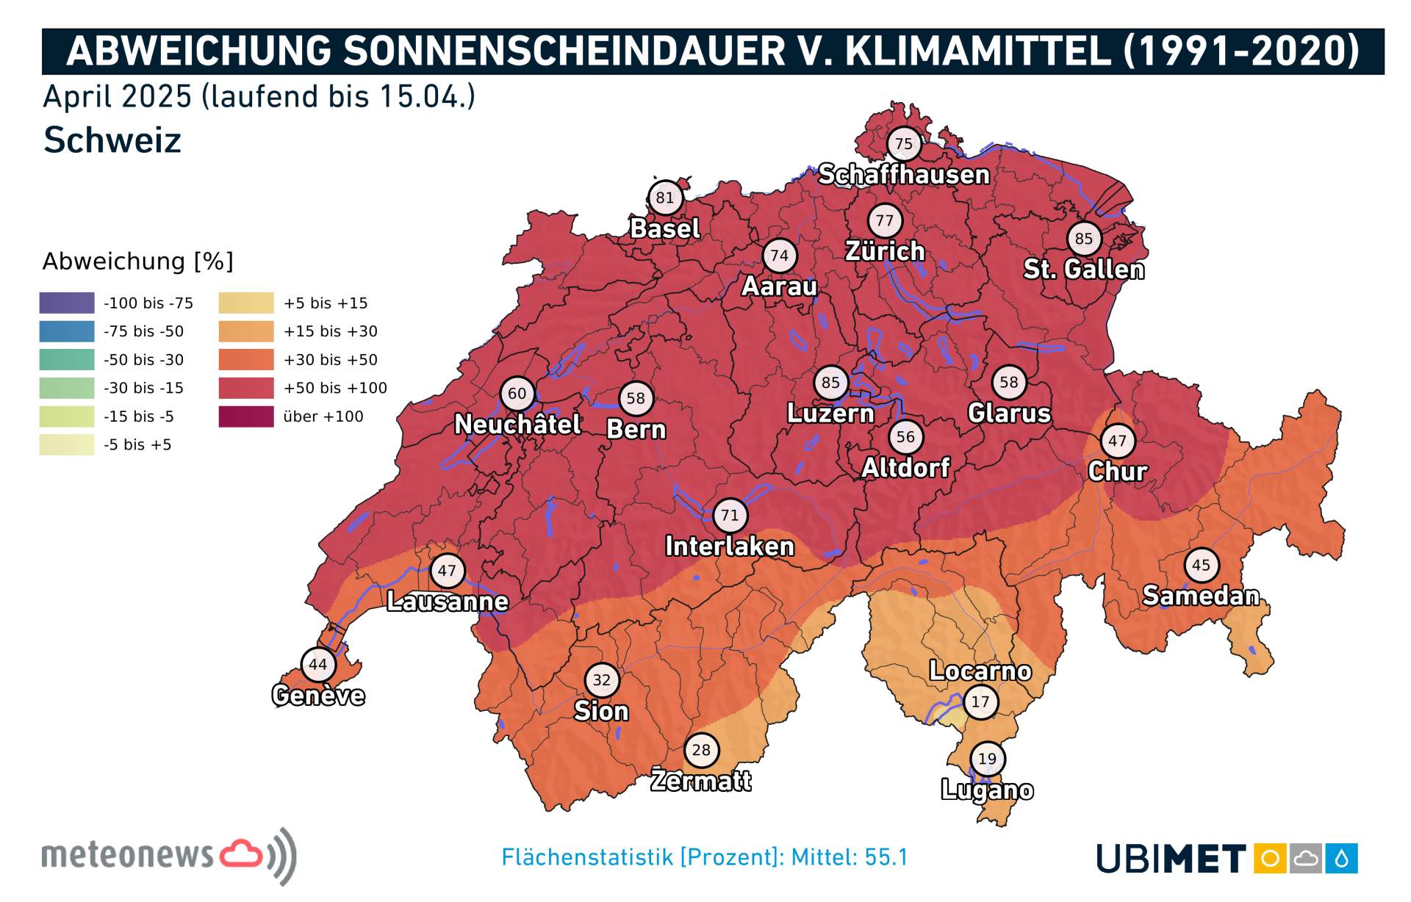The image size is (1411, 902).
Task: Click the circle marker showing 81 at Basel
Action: click(x=664, y=198)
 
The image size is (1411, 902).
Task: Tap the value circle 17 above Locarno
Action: click(x=980, y=701)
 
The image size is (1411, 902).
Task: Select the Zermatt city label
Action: click(x=701, y=780)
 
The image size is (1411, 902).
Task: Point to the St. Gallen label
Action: click(x=1084, y=270)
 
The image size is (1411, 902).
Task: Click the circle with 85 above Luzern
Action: click(x=830, y=383)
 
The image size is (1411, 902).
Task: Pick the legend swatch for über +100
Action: click(x=246, y=416)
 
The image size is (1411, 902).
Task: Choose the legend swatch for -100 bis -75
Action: click(x=67, y=303)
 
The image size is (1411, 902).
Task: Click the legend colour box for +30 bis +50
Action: click(x=246, y=360)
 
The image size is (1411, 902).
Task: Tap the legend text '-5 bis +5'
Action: click(x=137, y=444)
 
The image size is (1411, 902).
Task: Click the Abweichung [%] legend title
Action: click(x=137, y=261)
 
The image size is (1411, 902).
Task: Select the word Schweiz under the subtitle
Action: click(x=112, y=140)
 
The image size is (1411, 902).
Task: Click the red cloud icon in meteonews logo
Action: click(x=241, y=854)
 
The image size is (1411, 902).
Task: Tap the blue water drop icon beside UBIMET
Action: click(x=1342, y=858)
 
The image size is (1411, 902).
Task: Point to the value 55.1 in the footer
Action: click(x=886, y=857)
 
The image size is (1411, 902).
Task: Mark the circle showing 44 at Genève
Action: click(x=318, y=665)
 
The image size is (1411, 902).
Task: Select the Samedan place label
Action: click(x=1201, y=596)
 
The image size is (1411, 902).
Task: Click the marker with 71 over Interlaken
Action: click(x=730, y=516)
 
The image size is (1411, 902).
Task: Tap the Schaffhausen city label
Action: click(x=903, y=175)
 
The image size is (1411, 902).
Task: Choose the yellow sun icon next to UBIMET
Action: click(x=1270, y=858)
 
